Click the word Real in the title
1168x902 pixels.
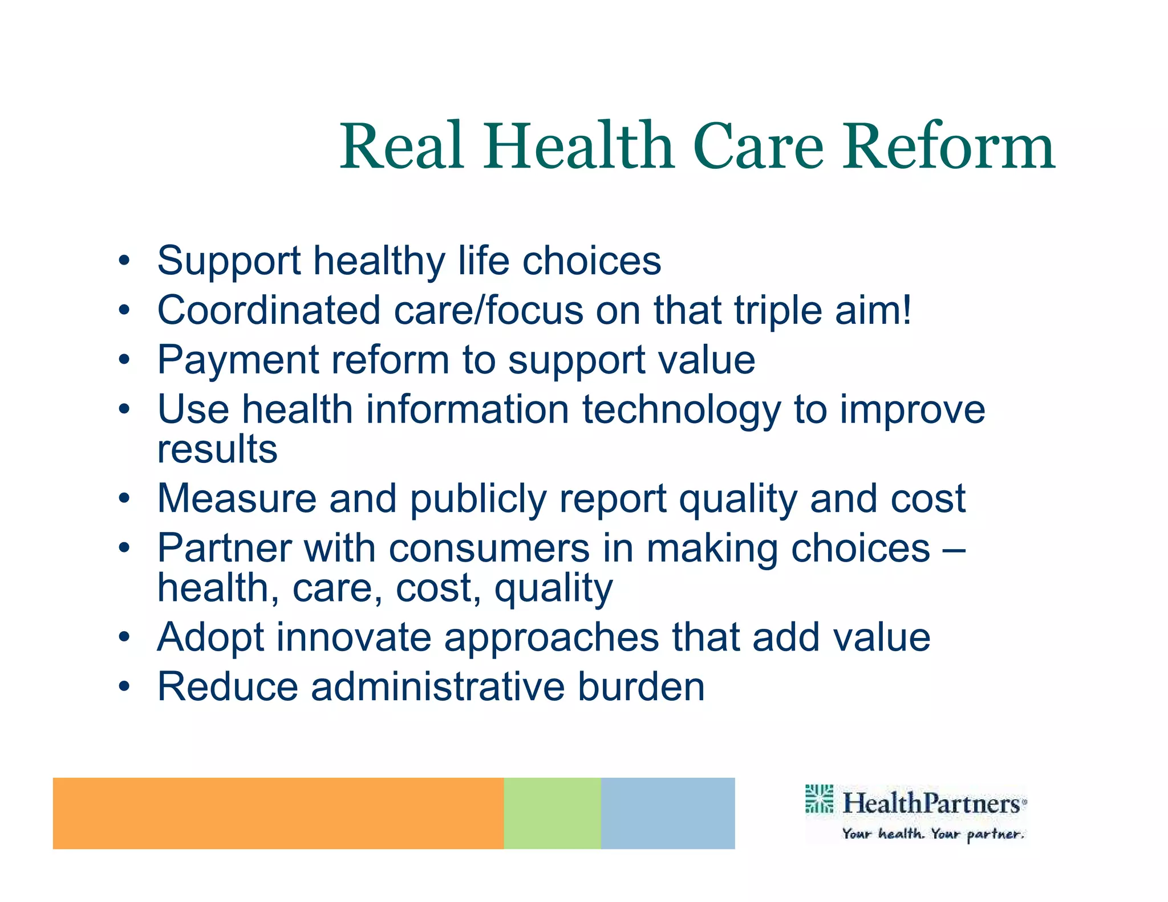401,147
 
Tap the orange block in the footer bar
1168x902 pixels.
278,812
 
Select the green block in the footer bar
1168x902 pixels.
552,812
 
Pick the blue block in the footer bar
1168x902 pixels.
667,812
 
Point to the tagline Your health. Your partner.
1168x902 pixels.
933,834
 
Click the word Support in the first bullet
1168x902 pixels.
229,261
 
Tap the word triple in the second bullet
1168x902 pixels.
777,311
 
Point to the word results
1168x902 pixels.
217,449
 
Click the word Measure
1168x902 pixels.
237,498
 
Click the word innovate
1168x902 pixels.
354,637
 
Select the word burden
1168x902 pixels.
641,686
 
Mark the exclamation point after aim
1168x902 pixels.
906,311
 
